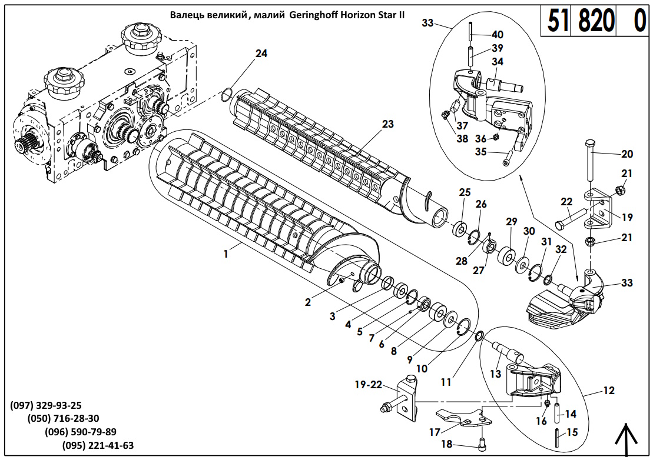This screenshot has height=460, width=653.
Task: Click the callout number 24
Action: coord(261,54)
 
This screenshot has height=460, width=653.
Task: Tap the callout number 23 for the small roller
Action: coord(387,124)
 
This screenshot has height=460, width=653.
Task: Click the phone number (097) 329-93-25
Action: coord(46,405)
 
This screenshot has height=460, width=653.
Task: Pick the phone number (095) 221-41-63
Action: coord(98,445)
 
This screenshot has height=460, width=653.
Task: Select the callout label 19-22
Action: coord(368,385)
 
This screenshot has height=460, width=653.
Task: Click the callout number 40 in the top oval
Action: coord(497,35)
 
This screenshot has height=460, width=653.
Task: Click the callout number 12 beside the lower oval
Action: coord(608,390)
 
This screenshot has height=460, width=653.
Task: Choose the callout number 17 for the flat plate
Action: coord(435,432)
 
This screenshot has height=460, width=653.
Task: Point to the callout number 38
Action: coord(462,139)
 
